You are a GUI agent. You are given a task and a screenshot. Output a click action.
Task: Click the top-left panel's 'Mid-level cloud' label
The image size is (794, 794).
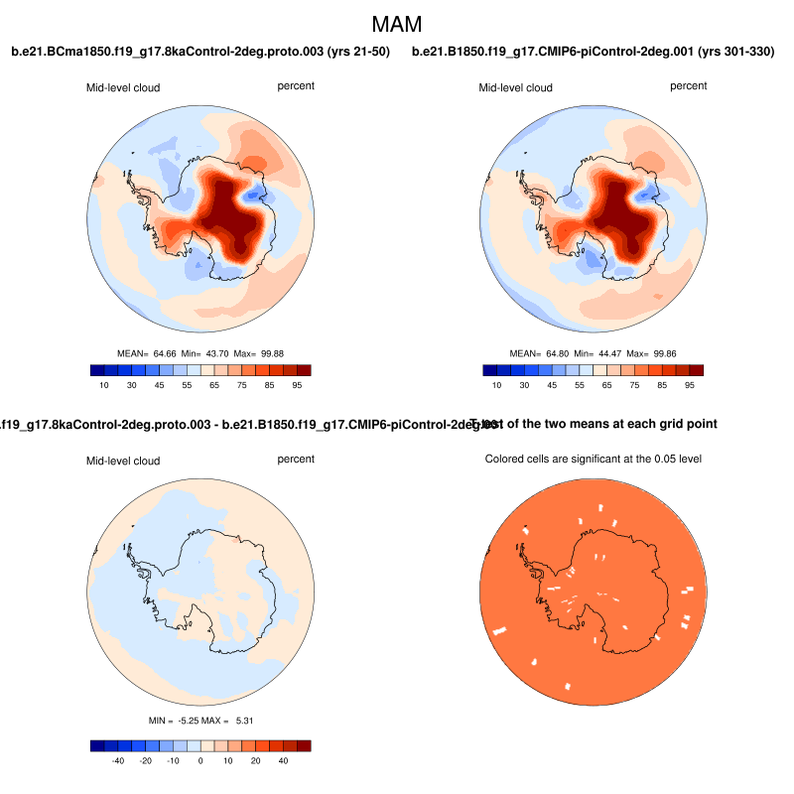123,88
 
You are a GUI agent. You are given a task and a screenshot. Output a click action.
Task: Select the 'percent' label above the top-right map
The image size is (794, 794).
689,86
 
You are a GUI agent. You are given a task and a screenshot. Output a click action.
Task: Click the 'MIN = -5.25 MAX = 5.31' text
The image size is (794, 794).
199,720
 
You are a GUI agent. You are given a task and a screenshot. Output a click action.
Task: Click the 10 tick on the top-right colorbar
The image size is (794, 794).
497,385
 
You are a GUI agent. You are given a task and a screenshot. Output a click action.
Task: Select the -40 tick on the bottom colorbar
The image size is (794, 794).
117,760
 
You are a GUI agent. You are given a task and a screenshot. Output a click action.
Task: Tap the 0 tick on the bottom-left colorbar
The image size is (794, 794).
200,760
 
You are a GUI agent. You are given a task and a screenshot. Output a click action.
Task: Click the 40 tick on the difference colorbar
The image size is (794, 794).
284,760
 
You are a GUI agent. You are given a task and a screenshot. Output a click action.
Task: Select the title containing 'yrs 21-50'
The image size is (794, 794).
199,52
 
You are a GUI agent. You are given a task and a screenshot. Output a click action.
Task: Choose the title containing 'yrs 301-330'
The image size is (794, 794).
594,52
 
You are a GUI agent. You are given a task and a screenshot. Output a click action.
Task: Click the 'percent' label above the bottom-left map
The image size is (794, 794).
296,460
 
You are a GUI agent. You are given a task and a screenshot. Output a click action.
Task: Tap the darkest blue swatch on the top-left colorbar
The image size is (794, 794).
96,370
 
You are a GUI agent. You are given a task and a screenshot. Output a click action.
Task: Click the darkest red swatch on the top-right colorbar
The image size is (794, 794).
697,370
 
